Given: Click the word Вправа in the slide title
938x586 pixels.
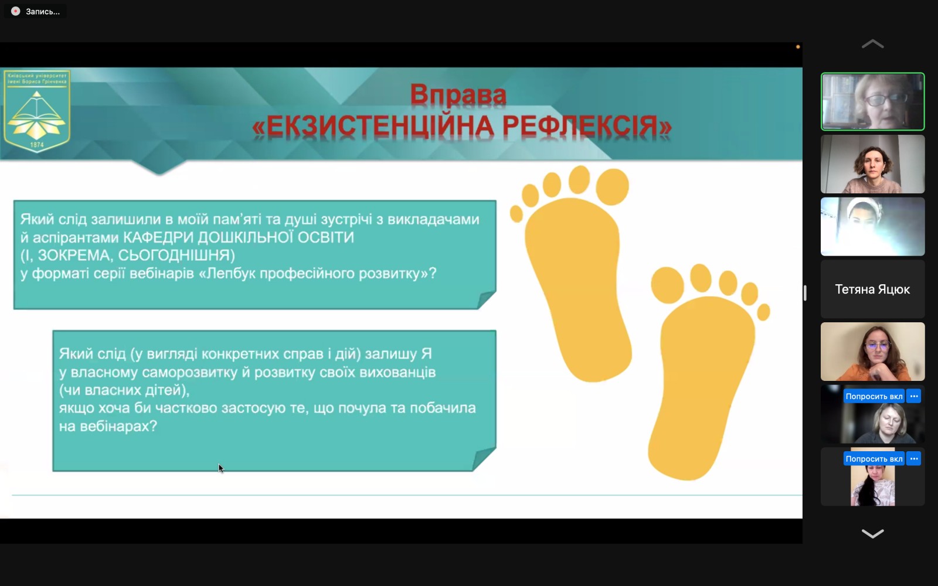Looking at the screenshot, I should (x=458, y=94).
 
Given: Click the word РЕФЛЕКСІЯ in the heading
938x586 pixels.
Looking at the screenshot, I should (x=586, y=127).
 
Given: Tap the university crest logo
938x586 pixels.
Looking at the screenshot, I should (x=37, y=111).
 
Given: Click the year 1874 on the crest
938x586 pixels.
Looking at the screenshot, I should (x=37, y=144).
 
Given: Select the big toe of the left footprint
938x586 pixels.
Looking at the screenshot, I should (x=612, y=186).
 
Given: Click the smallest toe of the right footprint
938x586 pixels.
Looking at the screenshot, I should (x=763, y=312).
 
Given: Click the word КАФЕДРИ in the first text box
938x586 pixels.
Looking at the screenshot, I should (x=158, y=237).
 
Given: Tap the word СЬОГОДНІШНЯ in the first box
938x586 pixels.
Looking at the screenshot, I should (x=176, y=255).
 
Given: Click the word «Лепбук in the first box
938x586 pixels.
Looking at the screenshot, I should (x=228, y=274).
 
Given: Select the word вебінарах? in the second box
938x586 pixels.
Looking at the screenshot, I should (x=108, y=427).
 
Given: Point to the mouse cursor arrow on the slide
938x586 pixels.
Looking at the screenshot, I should (x=220, y=468).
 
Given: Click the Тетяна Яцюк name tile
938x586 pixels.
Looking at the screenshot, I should (x=872, y=289).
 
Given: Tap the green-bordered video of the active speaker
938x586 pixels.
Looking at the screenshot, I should (x=872, y=101).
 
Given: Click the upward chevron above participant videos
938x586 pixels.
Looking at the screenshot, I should (x=872, y=44).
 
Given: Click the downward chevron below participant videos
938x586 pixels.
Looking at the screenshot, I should (x=872, y=533).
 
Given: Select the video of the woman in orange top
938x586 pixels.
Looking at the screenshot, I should (x=872, y=352).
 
